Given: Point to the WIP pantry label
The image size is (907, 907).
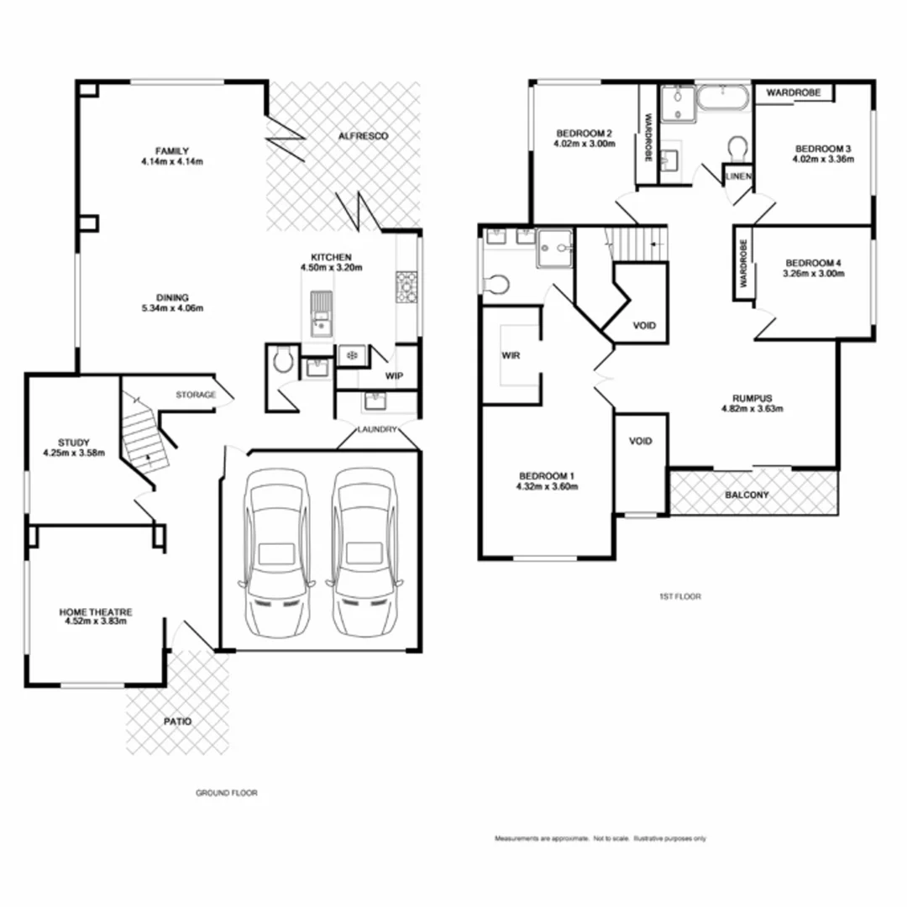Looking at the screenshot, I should click(x=393, y=376).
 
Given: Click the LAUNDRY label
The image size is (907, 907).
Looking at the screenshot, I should click(x=376, y=429).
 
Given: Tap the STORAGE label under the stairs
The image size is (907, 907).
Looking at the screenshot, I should click(x=196, y=395).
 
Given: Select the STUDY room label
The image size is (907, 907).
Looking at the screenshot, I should click(x=74, y=443).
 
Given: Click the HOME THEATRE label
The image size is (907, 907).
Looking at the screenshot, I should click(x=96, y=612).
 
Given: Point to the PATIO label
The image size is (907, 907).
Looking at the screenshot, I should click(x=177, y=721).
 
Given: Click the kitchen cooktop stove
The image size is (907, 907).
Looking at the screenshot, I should click(x=406, y=287).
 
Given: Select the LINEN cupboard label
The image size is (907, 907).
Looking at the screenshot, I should click(x=738, y=176).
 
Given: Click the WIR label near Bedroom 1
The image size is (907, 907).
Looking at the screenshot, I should click(x=511, y=356).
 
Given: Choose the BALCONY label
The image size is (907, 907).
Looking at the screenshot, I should click(x=747, y=495).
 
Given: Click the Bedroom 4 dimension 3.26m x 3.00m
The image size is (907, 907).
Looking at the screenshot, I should click(x=811, y=273).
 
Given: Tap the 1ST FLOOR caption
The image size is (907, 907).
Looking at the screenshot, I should click(x=679, y=596).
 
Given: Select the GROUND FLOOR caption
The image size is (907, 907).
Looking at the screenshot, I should click(x=227, y=793).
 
